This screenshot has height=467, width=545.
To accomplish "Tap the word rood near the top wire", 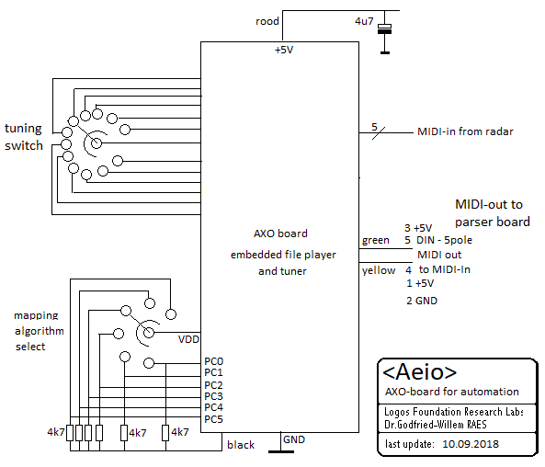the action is click(x=267, y=21).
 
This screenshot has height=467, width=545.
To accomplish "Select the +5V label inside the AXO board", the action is click(x=284, y=50).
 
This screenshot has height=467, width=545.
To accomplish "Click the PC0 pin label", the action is click(x=214, y=361).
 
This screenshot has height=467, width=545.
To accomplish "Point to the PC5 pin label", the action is click(x=214, y=419).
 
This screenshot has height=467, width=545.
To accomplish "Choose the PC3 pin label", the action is click(x=214, y=396).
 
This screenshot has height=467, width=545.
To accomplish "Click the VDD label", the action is click(x=188, y=339).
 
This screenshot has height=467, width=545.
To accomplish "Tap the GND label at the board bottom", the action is click(x=294, y=439).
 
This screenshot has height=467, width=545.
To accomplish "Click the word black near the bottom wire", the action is click(x=241, y=445).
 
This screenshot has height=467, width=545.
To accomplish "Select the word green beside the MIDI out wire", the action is click(x=376, y=240).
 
